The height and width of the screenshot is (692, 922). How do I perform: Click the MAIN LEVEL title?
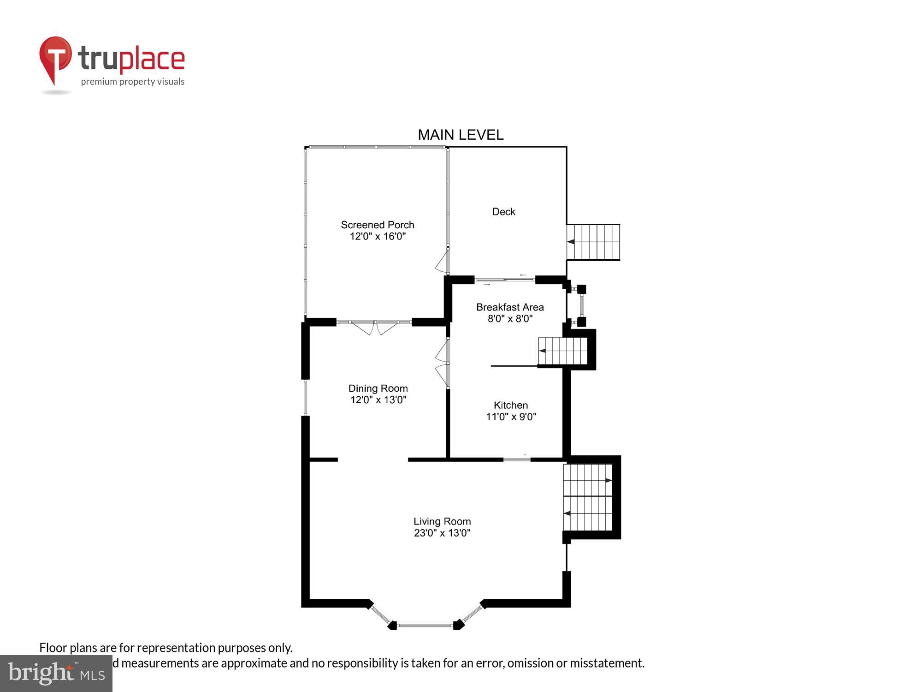pos(461,135)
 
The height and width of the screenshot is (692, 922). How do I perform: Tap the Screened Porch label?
pos(378,225)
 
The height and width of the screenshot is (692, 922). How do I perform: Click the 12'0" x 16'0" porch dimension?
pos(378,236)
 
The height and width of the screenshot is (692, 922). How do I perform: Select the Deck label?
pos(503,212)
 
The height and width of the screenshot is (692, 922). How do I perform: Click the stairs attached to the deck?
pos(593,242)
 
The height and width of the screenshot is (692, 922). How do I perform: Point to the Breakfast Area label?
pos(510,307)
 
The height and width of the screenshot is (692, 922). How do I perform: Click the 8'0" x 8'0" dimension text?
pos(510,319)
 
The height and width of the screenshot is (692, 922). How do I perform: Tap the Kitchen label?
pos(511,405)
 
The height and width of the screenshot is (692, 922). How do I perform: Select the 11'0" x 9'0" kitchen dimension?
pos(511,417)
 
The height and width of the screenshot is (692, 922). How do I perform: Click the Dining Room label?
pos(378,388)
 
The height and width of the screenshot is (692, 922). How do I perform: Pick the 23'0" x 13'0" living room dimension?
pos(442,533)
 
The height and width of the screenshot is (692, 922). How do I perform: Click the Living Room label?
pos(442,521)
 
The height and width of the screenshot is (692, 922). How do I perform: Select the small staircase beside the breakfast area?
pos(563,351)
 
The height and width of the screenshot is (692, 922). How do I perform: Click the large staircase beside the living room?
pos(588,497)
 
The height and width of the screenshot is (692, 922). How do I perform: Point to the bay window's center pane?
pos(425,626)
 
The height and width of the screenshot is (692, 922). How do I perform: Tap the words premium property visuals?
pos(133,82)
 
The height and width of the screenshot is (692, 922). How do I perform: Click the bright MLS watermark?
pos(56,674)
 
